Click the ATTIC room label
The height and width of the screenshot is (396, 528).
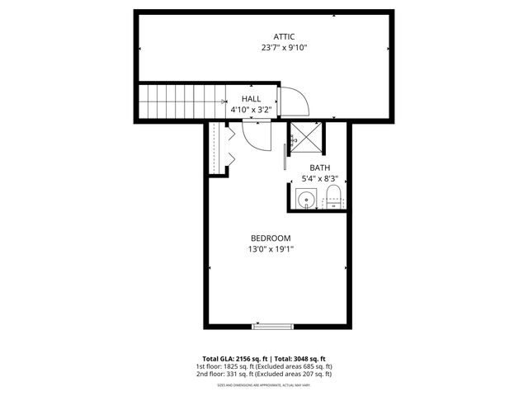[284, 36]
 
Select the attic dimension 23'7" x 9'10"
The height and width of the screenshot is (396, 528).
[284, 48]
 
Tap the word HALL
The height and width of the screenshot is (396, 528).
[252, 98]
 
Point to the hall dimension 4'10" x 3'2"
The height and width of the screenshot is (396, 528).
[252, 109]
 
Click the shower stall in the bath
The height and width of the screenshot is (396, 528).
[306, 138]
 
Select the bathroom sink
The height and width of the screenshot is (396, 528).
[305, 199]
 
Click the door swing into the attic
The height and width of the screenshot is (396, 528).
[294, 102]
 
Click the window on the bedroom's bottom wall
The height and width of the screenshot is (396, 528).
[272, 327]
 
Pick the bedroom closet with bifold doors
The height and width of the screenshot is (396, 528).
[217, 148]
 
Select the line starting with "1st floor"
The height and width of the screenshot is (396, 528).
[264, 365]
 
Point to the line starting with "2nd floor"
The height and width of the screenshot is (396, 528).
[264, 374]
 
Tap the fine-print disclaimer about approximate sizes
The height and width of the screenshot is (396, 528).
[264, 384]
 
